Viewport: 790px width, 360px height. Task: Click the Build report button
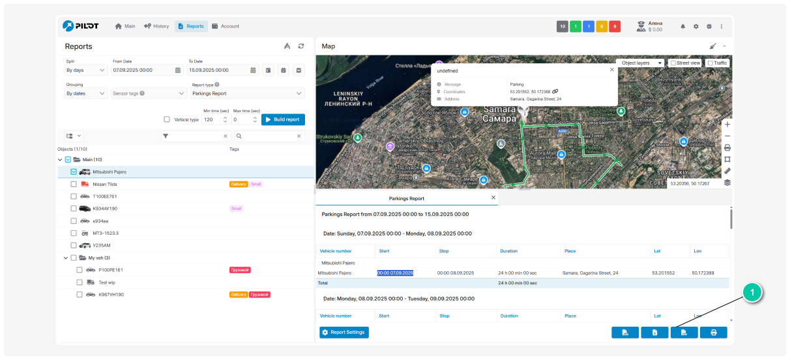(283, 119)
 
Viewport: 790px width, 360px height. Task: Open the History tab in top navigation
(156, 26)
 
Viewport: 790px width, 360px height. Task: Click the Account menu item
(226, 26)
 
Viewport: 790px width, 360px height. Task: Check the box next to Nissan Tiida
(74, 185)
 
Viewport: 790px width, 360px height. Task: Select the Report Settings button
(344, 333)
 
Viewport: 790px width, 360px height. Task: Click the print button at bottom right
(713, 333)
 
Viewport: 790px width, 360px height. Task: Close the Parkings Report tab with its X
(493, 198)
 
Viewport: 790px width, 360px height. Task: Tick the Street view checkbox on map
(673, 63)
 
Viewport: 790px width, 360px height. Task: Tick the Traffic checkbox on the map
(710, 63)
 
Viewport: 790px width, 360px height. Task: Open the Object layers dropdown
(640, 63)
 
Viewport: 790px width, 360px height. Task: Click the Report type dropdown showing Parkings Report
(248, 94)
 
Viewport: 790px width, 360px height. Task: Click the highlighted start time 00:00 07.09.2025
(395, 273)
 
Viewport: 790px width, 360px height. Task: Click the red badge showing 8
(615, 27)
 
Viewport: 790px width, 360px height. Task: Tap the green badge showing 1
(576, 27)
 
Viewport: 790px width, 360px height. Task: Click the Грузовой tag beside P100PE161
(240, 270)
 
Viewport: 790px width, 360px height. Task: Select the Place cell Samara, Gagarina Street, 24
(591, 273)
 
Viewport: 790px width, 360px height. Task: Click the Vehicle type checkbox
(167, 119)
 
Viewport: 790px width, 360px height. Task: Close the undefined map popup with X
(611, 69)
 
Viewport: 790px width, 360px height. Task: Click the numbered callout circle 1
(752, 293)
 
